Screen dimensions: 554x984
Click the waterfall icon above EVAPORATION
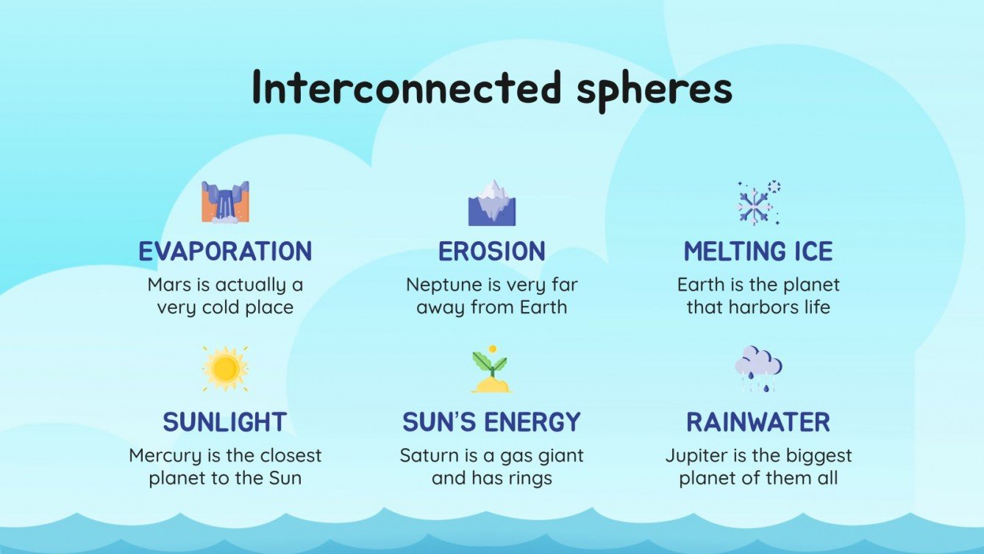pyautogui.click(x=225, y=202)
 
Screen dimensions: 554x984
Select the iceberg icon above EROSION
pyautogui.click(x=492, y=202)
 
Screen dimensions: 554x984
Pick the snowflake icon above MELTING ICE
pyautogui.click(x=758, y=203)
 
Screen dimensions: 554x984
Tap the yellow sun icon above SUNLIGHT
pyautogui.click(x=225, y=368)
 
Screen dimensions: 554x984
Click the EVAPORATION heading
pyautogui.click(x=225, y=252)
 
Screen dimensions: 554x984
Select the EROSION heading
pyautogui.click(x=492, y=252)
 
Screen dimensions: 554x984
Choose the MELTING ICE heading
pyautogui.click(x=758, y=252)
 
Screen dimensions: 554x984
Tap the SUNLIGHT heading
pyautogui.click(x=225, y=422)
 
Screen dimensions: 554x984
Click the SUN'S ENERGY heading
pyautogui.click(x=492, y=422)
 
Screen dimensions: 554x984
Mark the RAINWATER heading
pyautogui.click(x=758, y=422)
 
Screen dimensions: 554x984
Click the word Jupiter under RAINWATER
pyautogui.click(x=694, y=455)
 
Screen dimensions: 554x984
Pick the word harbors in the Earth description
pyautogui.click(x=760, y=307)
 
